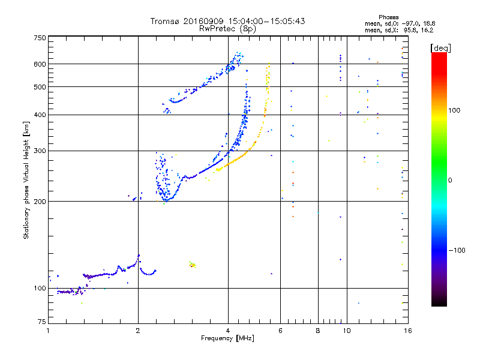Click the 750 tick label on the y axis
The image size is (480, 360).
click(39, 38)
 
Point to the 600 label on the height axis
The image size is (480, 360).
click(39, 64)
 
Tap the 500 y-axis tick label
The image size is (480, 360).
click(39, 87)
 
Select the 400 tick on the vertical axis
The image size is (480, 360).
click(39, 115)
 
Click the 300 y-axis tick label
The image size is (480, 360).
click(39, 151)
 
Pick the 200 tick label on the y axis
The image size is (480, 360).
click(39, 201)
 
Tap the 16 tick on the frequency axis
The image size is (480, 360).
click(407, 331)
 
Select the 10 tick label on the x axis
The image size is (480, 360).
click(346, 331)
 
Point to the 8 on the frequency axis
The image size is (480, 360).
click(318, 331)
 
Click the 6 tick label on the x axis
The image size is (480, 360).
click(280, 331)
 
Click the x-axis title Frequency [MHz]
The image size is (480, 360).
click(227, 338)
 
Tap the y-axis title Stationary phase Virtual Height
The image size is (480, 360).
click(26, 180)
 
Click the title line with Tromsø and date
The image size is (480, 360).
click(227, 21)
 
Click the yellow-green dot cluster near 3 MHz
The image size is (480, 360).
click(193, 264)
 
